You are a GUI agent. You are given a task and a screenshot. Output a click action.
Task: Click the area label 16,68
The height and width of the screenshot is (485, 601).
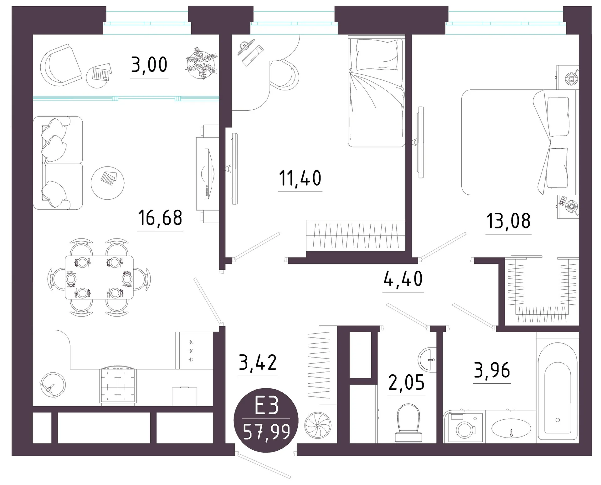point(160,218)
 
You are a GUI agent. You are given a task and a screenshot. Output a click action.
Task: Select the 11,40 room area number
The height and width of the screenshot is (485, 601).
point(300,178)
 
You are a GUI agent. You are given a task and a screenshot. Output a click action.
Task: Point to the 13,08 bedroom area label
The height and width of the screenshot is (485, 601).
point(508,221)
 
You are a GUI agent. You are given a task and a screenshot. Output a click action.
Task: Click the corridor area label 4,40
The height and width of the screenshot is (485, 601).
point(403,279)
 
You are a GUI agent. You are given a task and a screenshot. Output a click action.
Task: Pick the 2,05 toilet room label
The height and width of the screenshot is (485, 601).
point(406,382)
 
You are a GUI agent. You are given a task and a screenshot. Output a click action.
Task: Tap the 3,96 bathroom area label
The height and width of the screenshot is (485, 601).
point(492,370)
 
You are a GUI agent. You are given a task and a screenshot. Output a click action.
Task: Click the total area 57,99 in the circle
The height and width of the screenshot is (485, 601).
point(267,432)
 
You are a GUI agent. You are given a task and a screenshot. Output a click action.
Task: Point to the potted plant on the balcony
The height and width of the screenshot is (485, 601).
point(202,62)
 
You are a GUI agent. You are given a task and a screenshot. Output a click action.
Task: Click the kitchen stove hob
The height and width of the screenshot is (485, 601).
point(118,386)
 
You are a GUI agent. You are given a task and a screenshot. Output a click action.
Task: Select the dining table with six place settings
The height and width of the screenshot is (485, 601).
point(99,277)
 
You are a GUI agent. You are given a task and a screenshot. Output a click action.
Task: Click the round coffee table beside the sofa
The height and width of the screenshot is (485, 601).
point(107,183)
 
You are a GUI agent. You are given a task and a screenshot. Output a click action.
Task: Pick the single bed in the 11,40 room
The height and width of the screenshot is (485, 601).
point(377,91)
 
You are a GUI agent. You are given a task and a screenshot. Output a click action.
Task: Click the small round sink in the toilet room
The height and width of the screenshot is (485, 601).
point(428,360)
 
